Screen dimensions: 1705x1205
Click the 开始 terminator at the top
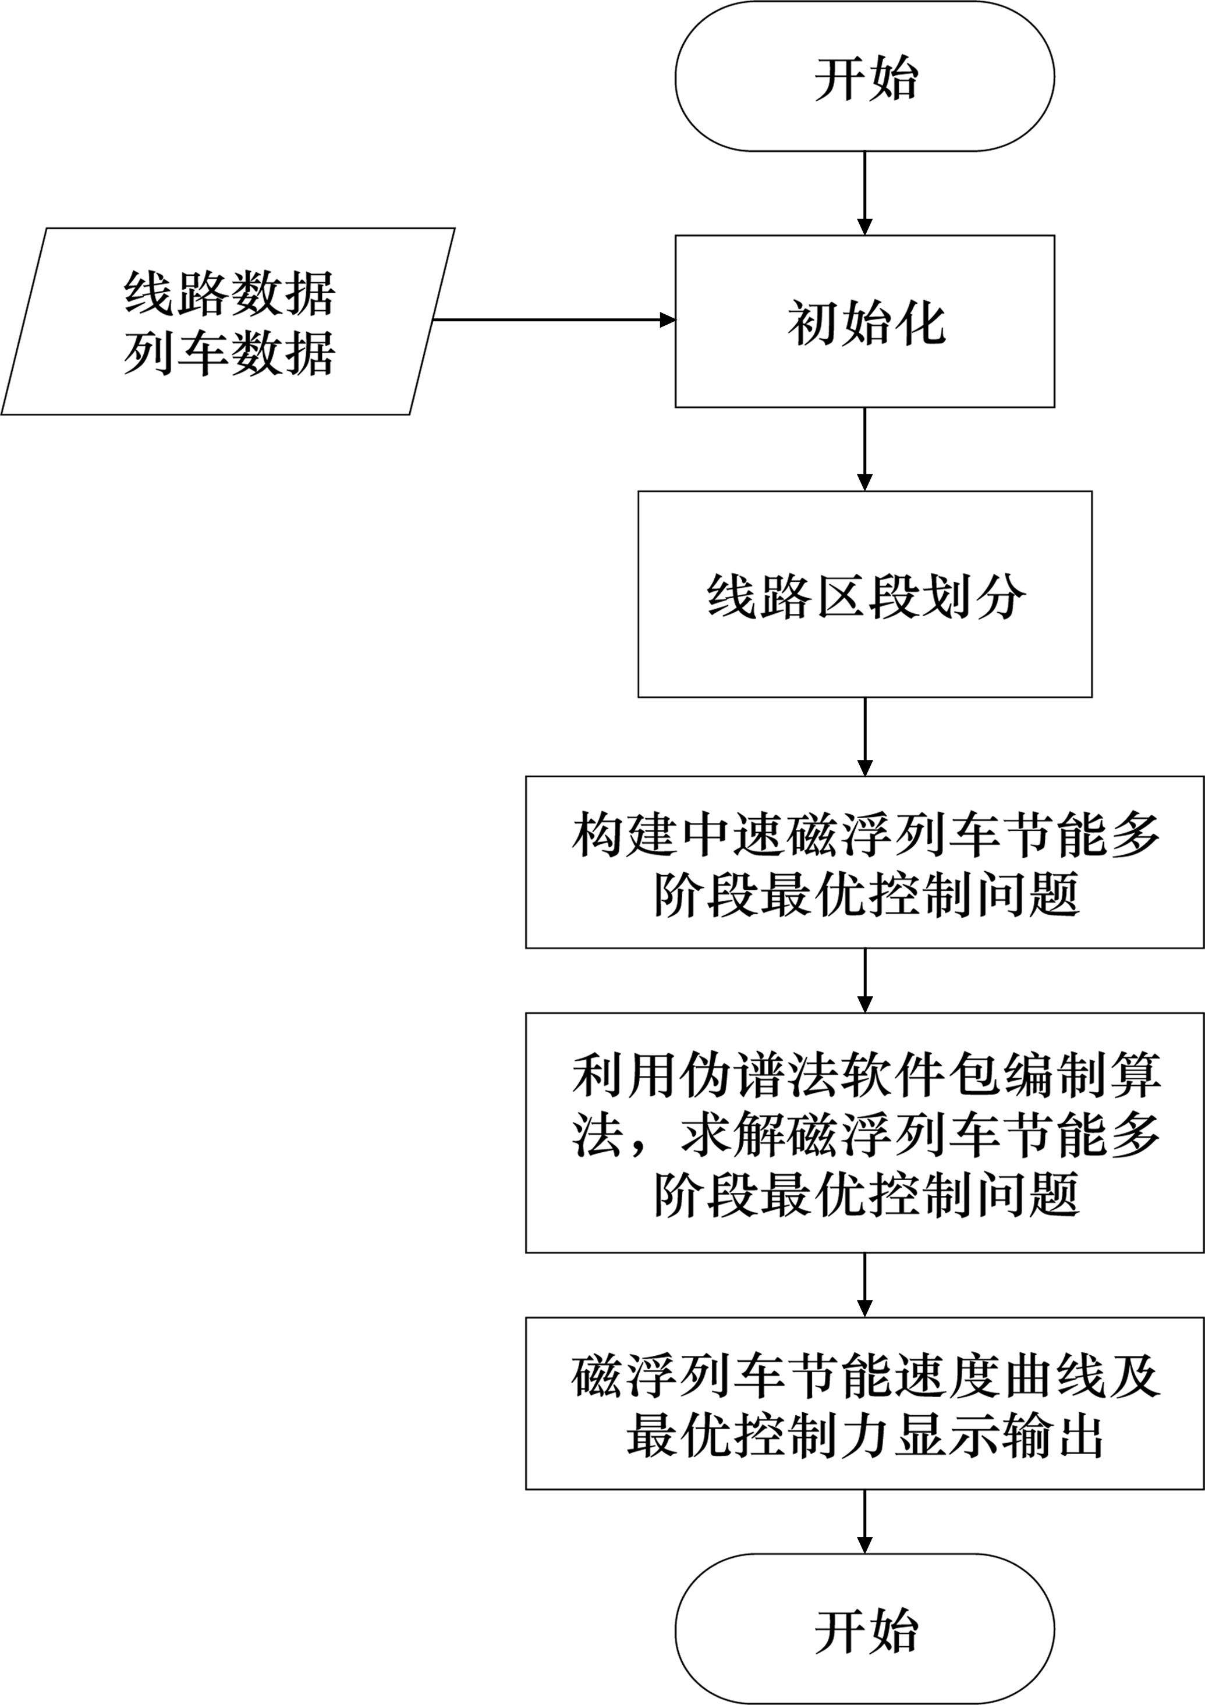(864, 76)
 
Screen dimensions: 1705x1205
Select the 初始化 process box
(864, 322)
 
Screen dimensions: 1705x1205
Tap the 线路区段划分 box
(864, 594)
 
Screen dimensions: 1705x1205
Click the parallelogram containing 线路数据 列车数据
(228, 322)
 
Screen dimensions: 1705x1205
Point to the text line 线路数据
(229, 293)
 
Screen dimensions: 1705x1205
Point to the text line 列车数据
(229, 353)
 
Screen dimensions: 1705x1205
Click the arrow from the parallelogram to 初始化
(554, 320)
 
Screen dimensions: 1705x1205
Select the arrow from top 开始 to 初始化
(864, 193)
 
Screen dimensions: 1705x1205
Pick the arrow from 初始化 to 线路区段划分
(864, 449)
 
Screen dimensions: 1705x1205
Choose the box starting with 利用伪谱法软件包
(864, 1132)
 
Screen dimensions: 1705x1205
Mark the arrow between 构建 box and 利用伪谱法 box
(864, 979)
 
